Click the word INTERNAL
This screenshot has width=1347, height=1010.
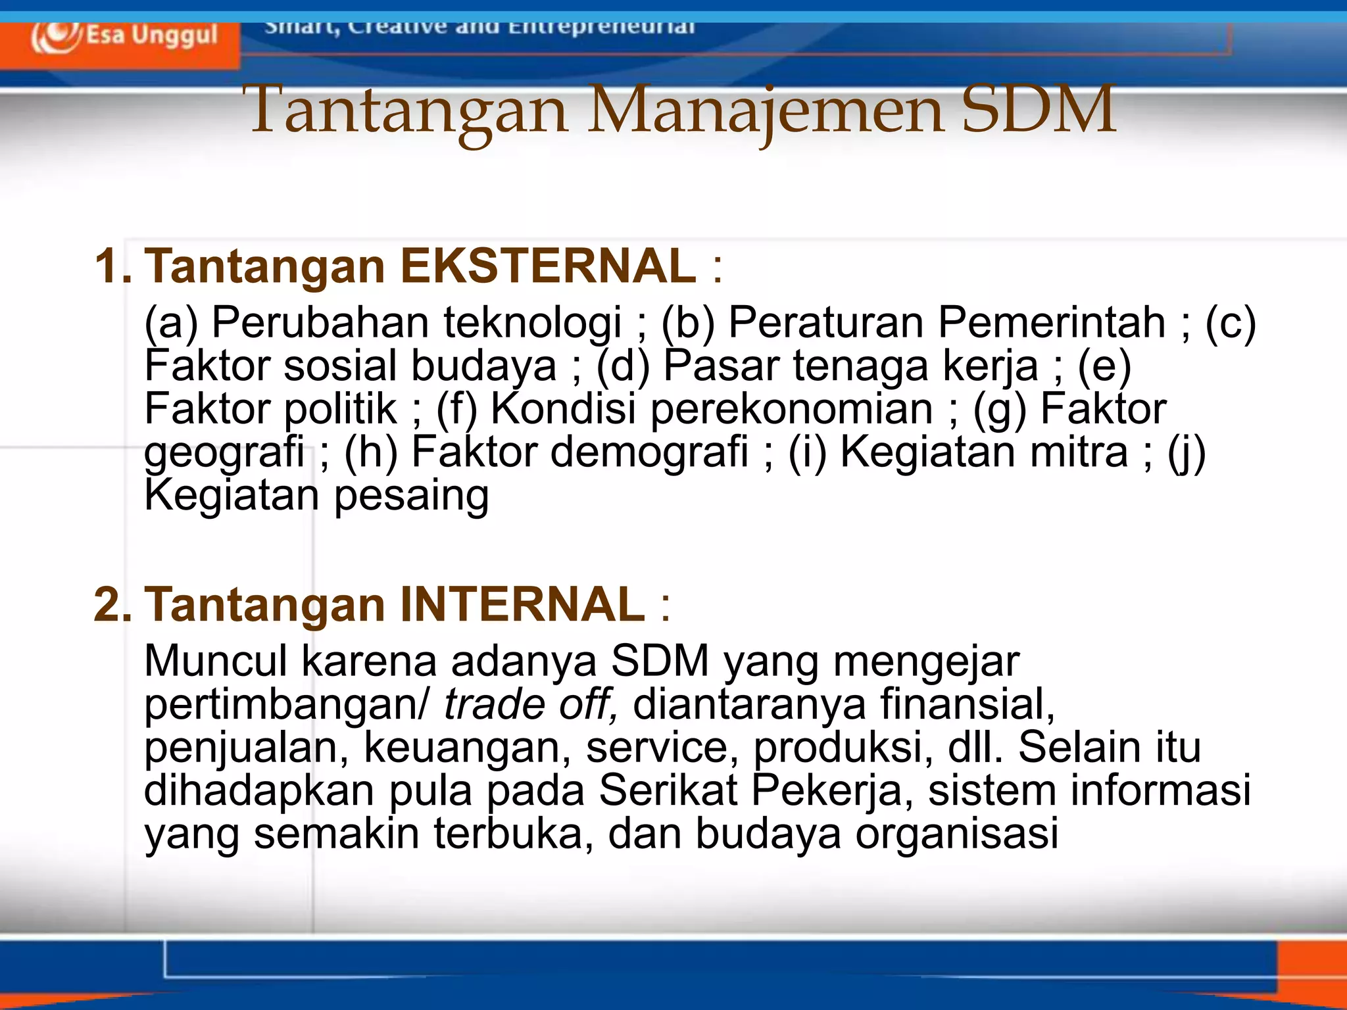click(x=522, y=604)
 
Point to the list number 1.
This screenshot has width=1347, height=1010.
click(x=112, y=267)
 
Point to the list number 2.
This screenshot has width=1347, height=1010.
click(x=112, y=605)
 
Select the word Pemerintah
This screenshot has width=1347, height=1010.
click(x=1052, y=322)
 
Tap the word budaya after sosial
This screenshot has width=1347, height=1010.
click(x=483, y=367)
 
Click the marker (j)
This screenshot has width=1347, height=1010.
click(x=1187, y=453)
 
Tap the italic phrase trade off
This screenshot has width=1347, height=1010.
click(x=529, y=704)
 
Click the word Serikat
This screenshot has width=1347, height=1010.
click(x=668, y=790)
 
